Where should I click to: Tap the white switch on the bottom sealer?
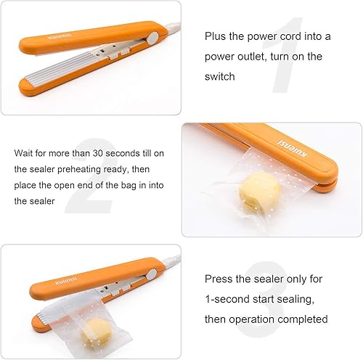[154, 275]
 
